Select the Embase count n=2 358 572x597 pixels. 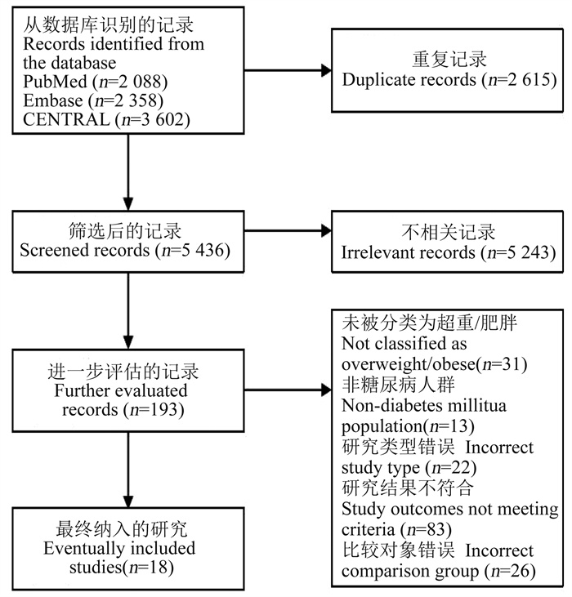click(129, 100)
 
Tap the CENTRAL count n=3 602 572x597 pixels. click(155, 119)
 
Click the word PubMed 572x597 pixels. click(56, 82)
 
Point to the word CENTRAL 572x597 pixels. click(66, 119)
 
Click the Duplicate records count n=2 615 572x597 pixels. click(522, 80)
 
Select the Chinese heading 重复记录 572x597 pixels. click(449, 60)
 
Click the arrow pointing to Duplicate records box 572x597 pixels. click(288, 70)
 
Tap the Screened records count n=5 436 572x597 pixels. click(196, 251)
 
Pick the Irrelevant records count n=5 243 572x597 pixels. click(521, 252)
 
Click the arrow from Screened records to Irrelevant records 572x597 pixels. click(288, 231)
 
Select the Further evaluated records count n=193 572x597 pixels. click(157, 410)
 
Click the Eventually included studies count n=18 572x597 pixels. click(151, 568)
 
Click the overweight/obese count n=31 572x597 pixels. click(505, 364)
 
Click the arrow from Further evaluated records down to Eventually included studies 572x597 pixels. click(128, 470)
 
